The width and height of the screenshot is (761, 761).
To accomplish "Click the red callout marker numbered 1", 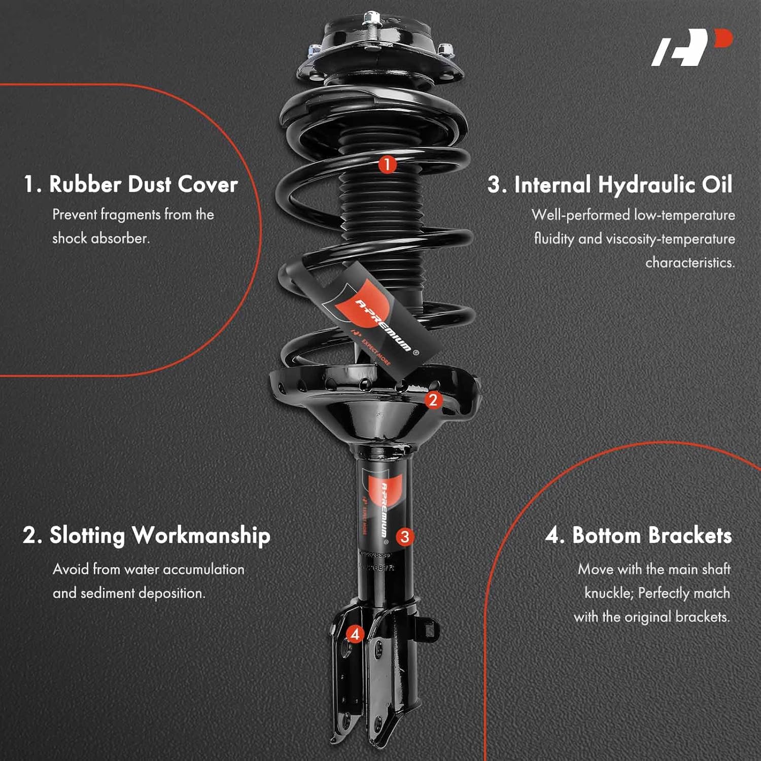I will coord(387,164).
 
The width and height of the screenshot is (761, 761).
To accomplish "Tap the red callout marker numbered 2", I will coord(433,400).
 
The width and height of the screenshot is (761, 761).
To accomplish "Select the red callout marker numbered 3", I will coord(404,537).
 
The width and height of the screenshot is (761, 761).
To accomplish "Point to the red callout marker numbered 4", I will coord(355,634).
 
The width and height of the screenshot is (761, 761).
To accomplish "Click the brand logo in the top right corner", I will coord(691,48).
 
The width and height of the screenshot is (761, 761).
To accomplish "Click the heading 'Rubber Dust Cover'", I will coord(143,184).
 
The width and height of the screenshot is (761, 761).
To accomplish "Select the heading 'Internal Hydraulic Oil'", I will coord(623,185).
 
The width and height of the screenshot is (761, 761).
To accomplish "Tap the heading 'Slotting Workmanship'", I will coord(159,536).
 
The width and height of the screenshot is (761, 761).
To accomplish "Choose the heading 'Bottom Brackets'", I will coord(652,536).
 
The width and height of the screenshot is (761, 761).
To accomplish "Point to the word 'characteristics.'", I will coord(690,262).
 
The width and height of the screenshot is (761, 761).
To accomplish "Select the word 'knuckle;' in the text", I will coord(608,593).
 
